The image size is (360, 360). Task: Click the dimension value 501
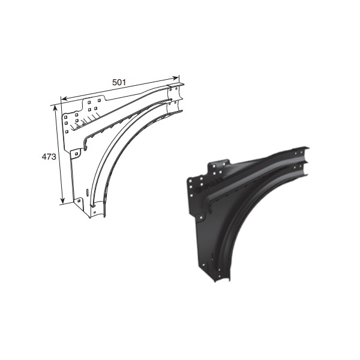pos(119,82)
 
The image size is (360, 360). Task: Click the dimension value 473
pos(49,157)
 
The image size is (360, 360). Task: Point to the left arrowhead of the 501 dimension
pos(65,99)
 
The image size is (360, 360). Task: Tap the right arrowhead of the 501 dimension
pos(176,78)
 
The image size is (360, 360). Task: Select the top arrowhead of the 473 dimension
pos(55,108)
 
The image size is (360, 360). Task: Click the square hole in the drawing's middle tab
pos(76,152)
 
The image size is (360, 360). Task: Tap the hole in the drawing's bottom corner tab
pos(79,201)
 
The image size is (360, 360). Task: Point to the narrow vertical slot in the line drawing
pos(87,192)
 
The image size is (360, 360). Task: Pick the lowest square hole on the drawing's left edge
pos(67,132)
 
